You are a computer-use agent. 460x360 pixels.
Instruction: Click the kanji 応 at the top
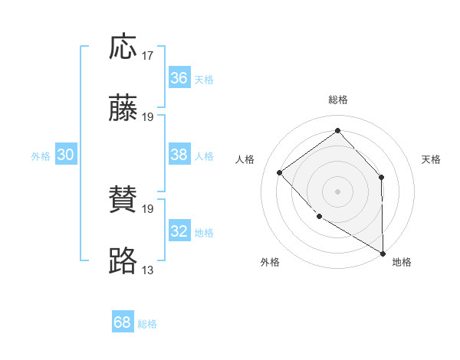(x=123, y=47)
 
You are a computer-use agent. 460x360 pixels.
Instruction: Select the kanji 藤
(x=123, y=109)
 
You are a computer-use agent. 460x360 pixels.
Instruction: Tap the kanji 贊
(x=123, y=200)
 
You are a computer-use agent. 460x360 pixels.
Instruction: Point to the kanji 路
(x=123, y=261)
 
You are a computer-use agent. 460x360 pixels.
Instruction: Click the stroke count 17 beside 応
(x=148, y=55)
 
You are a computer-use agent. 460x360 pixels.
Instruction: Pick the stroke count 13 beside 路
(x=148, y=270)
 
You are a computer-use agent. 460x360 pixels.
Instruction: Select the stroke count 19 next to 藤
(x=148, y=117)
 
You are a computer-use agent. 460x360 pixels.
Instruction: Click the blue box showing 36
(x=179, y=78)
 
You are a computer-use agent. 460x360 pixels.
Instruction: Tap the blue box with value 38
(x=179, y=155)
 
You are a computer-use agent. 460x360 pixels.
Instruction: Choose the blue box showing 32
(x=179, y=231)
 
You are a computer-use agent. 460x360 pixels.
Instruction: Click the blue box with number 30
(x=66, y=155)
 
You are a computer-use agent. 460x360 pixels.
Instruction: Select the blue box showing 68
(x=123, y=322)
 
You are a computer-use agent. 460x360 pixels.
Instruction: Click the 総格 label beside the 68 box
(x=147, y=324)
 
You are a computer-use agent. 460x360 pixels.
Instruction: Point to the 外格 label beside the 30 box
(x=41, y=156)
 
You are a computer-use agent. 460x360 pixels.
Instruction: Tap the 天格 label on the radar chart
(x=431, y=159)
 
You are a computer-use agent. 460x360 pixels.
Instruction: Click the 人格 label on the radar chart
(x=245, y=159)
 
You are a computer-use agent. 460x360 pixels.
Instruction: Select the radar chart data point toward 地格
(x=383, y=253)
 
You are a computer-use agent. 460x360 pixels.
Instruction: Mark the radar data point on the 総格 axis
(x=337, y=130)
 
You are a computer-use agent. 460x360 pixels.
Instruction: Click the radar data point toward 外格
(x=319, y=216)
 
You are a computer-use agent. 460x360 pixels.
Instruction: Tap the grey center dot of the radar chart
(x=337, y=191)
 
